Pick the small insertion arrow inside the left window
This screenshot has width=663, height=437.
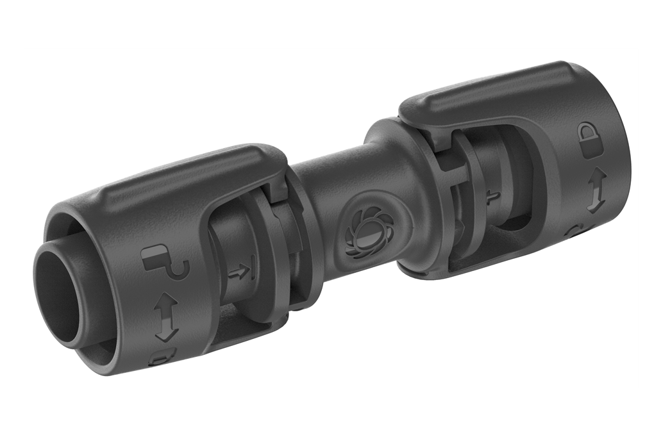pos(239,272)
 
